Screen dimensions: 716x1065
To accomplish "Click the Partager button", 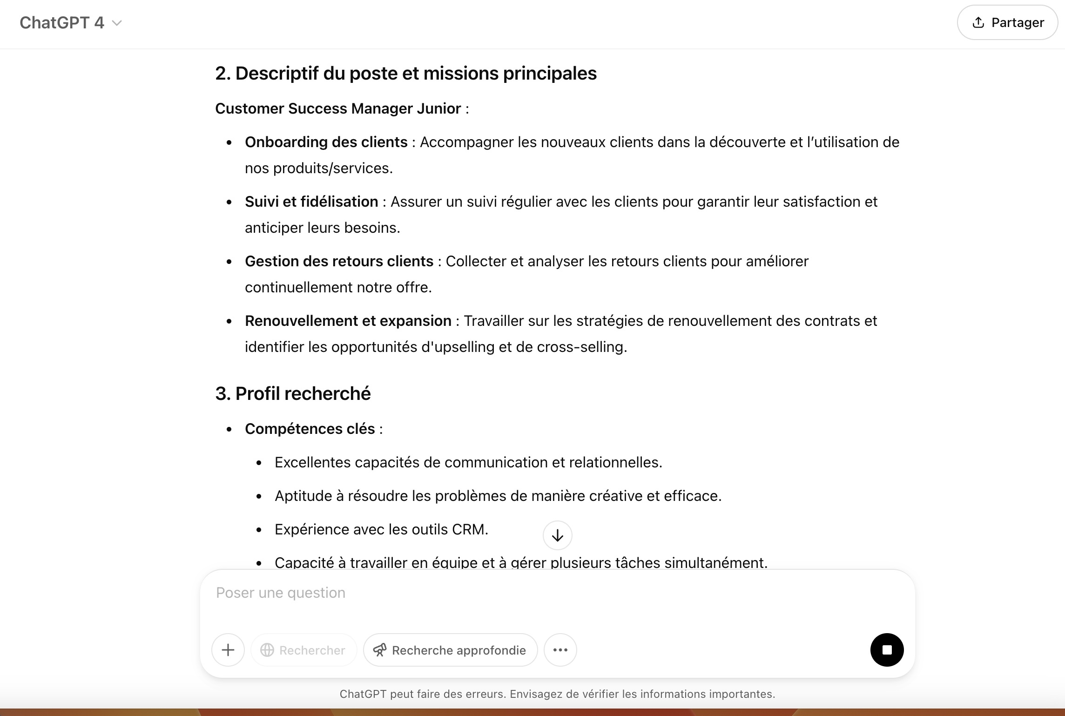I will [x=1007, y=22].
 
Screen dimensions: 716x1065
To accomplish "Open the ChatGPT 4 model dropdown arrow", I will [x=117, y=23].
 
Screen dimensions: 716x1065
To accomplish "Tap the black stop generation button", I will [x=887, y=649].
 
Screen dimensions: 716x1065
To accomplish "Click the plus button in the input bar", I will [x=228, y=649].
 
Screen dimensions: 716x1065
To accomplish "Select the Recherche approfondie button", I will [x=450, y=650].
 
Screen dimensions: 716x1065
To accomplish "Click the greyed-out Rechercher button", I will [x=303, y=650].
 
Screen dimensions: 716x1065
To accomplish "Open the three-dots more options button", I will [x=560, y=649].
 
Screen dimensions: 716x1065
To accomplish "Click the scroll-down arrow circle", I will [x=557, y=535].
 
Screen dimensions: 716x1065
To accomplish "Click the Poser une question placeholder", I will [x=281, y=593].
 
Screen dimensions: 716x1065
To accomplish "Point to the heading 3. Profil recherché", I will [x=293, y=393].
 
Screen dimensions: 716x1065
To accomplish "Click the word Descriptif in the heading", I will [x=277, y=73].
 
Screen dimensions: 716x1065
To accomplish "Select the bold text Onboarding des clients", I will [x=326, y=142].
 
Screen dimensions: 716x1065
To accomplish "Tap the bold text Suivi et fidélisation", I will [x=311, y=202].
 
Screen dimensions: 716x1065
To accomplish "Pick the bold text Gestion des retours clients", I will [x=339, y=261].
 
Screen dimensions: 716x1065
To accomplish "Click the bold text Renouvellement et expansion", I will [x=348, y=321].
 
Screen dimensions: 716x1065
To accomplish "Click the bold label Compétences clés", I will [x=310, y=429].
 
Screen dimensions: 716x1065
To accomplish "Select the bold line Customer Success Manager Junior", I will [x=337, y=108].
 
